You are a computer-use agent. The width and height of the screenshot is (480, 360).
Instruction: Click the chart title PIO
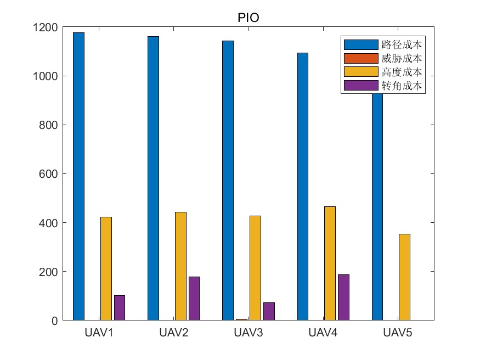249,18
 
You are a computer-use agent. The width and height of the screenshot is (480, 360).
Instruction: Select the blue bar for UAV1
79,176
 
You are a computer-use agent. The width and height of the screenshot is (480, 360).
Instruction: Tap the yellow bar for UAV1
106,268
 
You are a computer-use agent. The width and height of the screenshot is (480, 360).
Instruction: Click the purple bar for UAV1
120,308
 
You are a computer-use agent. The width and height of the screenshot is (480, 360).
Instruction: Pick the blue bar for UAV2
154,178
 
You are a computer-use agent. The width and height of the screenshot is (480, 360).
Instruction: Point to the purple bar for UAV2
194,299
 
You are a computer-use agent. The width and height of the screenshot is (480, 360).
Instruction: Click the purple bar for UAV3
269,311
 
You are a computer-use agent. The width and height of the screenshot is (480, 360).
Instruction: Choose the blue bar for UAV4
303,186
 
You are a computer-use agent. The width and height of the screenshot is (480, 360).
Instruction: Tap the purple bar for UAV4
343,297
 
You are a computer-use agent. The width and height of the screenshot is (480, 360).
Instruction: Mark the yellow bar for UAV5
404,277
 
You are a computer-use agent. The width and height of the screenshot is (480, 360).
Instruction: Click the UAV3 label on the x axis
249,333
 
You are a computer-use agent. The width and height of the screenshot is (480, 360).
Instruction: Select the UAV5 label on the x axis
398,333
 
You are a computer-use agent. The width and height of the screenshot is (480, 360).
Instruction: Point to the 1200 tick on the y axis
46,27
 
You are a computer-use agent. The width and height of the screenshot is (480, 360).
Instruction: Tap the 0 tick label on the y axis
55,320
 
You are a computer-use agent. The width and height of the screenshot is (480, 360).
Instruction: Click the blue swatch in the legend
360,44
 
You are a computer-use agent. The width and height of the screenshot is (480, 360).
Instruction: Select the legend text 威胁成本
402,58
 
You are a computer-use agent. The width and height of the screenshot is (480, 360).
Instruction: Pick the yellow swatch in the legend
360,72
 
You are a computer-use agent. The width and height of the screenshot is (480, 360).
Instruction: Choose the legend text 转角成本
402,86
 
